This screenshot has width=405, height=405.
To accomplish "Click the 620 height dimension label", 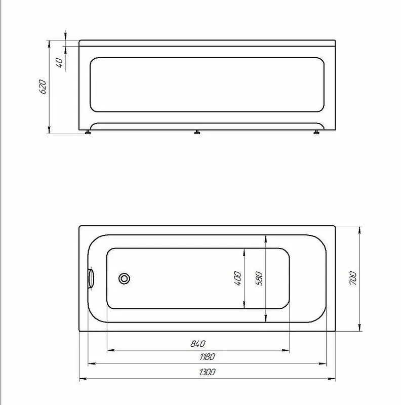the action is click(43, 87).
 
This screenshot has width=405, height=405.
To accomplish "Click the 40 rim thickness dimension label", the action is click(59, 62).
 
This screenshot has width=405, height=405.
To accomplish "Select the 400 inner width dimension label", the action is click(237, 278).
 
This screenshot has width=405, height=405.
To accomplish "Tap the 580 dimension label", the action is click(259, 278).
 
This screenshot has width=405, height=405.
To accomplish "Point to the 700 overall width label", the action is click(353, 278).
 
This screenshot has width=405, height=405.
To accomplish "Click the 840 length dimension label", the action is click(198, 344).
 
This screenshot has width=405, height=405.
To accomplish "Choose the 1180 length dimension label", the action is click(207, 357).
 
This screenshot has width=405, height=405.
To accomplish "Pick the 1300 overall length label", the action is click(207, 372).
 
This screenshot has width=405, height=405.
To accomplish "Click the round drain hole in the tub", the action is click(124, 278).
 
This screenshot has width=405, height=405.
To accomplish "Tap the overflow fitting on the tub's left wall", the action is click(91, 278).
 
